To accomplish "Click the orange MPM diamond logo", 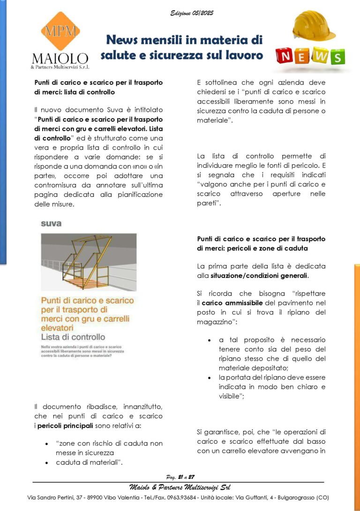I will [x=60, y=32].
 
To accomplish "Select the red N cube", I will [x=285, y=57].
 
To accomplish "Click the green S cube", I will [x=336, y=57].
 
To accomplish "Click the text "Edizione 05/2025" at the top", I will [x=192, y=14].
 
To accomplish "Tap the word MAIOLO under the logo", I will [x=60, y=59].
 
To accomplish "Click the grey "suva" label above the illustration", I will [x=51, y=223].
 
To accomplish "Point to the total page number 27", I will [x=190, y=477].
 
